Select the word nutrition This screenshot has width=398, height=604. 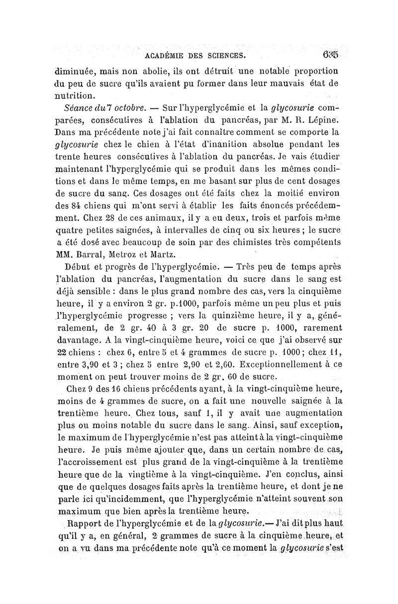pyautogui.click(x=76, y=94)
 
